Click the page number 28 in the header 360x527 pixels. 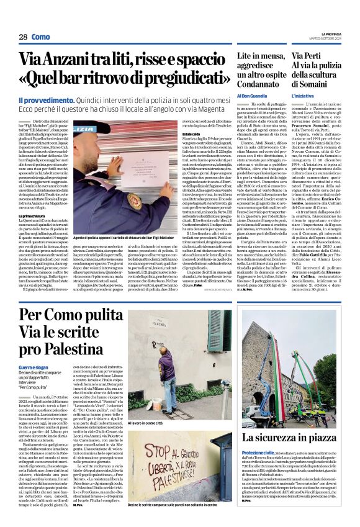pos(23,37)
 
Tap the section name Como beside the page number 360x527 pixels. pos(41,37)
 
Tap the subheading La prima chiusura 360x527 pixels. pos(32,216)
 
